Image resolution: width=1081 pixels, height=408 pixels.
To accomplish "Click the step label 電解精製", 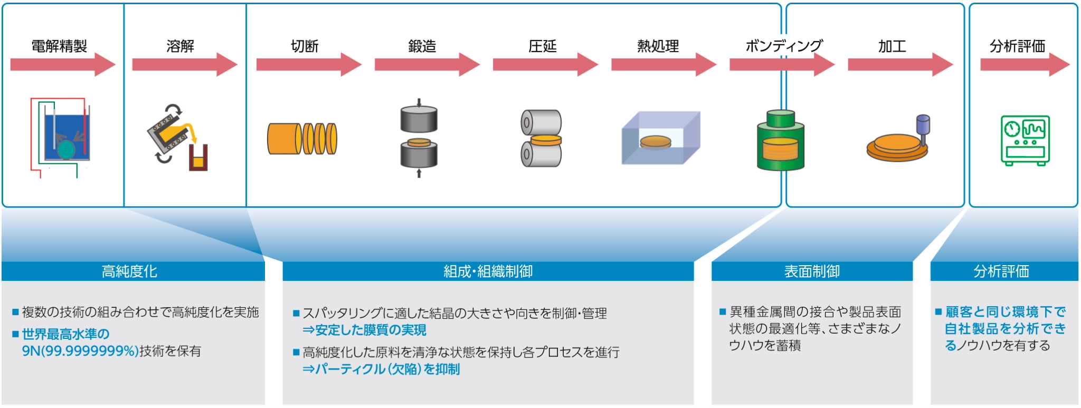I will click(x=59, y=46).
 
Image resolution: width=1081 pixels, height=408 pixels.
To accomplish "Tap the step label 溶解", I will click(x=180, y=46).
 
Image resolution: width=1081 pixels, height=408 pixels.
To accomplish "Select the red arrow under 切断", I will click(x=308, y=64).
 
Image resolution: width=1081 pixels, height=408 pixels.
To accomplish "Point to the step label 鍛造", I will click(x=422, y=46).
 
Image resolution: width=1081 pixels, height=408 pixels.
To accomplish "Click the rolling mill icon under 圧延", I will click(x=541, y=139).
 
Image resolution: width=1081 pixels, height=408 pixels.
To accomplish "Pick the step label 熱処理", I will click(x=658, y=46).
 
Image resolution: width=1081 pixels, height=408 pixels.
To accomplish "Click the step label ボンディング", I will click(x=784, y=46).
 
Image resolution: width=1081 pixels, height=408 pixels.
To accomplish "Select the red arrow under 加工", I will click(x=900, y=64).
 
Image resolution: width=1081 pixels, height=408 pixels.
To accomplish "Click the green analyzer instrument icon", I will click(x=1025, y=140).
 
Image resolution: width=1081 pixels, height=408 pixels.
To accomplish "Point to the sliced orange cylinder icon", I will click(x=302, y=139).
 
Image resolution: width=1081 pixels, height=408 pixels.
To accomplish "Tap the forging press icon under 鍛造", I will click(x=419, y=138).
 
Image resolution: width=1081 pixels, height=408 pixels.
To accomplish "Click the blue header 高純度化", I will click(x=130, y=271).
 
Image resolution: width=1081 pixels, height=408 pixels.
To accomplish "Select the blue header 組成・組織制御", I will click(x=488, y=271).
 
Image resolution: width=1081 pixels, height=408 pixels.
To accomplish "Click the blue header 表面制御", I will click(x=812, y=271).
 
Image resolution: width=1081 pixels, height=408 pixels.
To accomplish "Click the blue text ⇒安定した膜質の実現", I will click(x=364, y=331).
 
